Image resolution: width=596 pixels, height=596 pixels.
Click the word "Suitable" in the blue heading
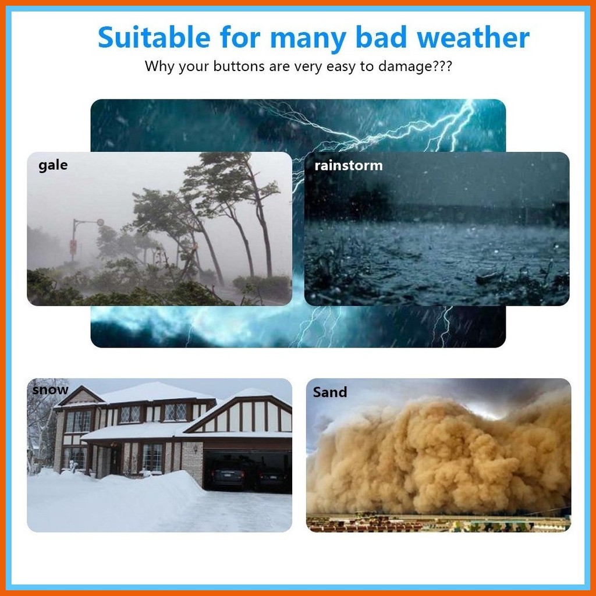click(154, 37)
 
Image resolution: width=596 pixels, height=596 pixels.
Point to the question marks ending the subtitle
click(442, 66)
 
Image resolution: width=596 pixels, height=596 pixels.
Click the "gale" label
click(53, 166)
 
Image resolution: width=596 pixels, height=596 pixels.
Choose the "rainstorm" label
click(348, 166)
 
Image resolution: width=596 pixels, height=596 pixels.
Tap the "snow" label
click(50, 390)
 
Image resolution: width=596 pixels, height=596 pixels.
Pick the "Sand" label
click(330, 392)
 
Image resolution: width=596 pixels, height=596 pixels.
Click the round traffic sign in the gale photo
click(100, 222)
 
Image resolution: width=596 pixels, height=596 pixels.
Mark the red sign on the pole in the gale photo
click(73, 247)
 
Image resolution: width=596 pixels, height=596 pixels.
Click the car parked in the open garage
click(228, 474)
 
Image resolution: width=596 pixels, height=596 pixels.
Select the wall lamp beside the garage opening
click(196, 449)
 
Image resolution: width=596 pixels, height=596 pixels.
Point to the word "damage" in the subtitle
click(405, 67)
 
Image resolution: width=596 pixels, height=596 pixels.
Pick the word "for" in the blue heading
click(240, 37)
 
